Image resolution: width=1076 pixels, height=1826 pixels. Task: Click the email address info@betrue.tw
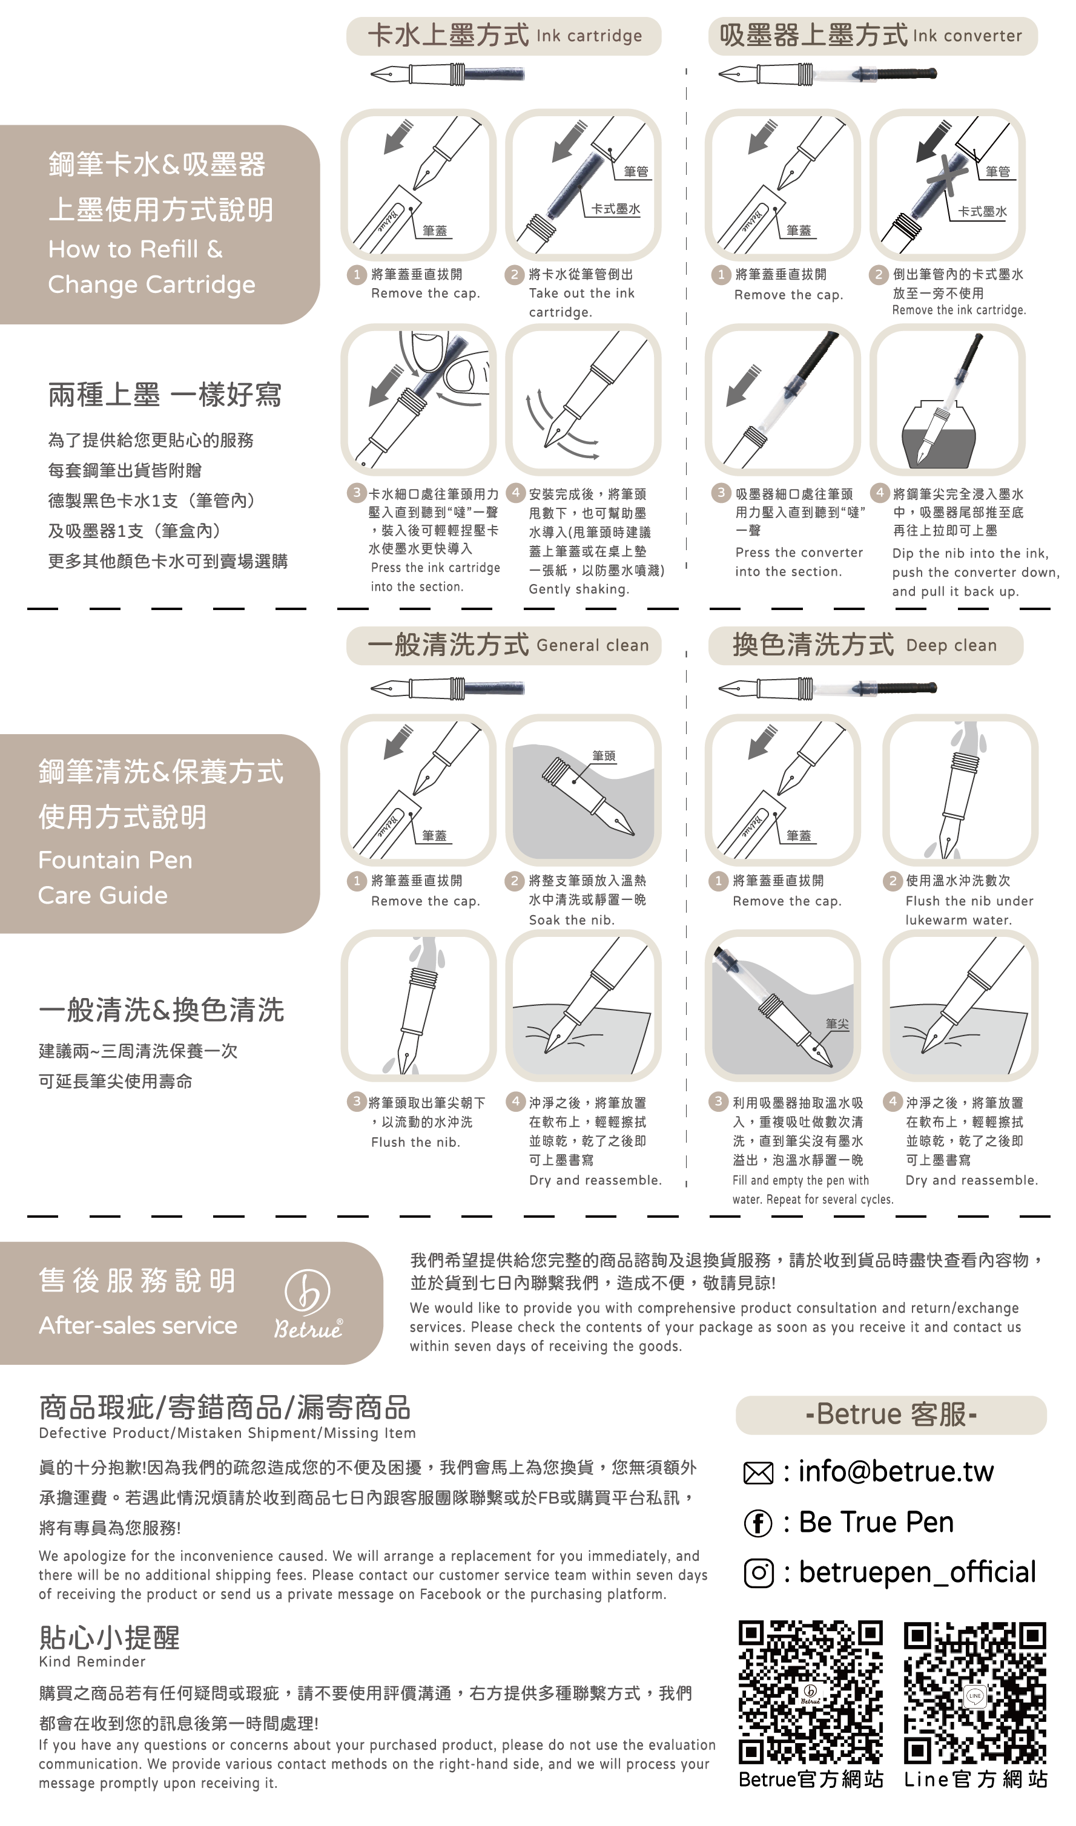coord(896,1472)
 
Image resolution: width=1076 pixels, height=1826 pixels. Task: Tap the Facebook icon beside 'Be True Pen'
coord(759,1523)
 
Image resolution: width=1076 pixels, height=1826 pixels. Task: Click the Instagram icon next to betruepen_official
coord(759,1573)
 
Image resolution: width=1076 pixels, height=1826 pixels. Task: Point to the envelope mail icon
coord(759,1473)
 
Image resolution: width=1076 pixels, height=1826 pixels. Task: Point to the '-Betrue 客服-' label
coord(892,1414)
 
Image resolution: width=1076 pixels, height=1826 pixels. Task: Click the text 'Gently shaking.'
coord(579,589)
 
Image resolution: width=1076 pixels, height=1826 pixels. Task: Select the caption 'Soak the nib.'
coord(572,919)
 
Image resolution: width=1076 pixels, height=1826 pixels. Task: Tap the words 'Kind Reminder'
coord(92,1661)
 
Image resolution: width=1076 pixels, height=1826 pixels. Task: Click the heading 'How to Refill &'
coord(136,249)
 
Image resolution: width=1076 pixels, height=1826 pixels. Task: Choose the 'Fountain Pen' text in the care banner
coord(115,860)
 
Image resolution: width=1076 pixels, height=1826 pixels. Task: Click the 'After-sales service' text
coord(138,1325)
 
